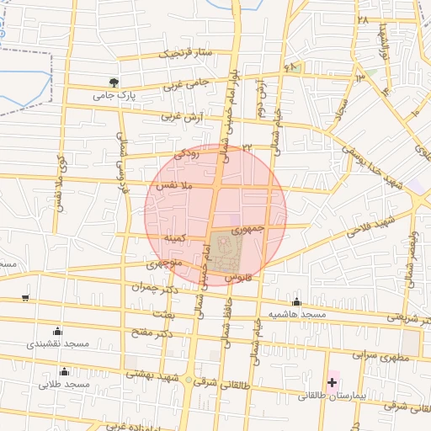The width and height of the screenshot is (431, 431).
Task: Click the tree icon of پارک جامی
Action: [114, 82]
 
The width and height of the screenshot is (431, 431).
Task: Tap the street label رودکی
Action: [186, 154]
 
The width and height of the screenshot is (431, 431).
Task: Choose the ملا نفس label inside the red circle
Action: [176, 184]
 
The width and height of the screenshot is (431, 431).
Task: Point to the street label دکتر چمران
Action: [156, 287]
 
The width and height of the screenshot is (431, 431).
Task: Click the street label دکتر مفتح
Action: [152, 332]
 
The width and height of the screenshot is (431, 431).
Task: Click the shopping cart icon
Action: [25, 297]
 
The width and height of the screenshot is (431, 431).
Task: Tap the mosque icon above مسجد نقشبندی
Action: [57, 331]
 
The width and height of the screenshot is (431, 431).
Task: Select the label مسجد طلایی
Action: [63, 385]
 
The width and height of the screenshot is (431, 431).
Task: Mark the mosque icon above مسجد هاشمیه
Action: [296, 302]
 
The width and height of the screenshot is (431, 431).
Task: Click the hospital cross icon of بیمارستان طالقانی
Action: [332, 382]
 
